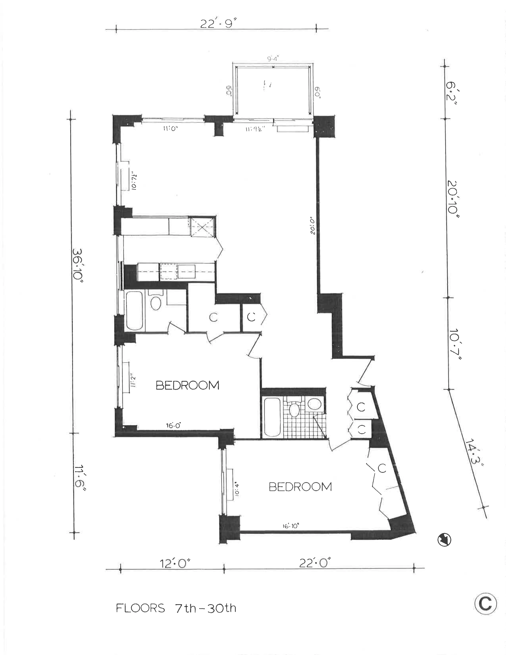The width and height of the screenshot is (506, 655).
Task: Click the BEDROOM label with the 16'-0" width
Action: pos(187,385)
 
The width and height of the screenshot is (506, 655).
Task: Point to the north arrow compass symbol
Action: pos(444,540)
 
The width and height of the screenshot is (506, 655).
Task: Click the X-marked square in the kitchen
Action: pos(203,227)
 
